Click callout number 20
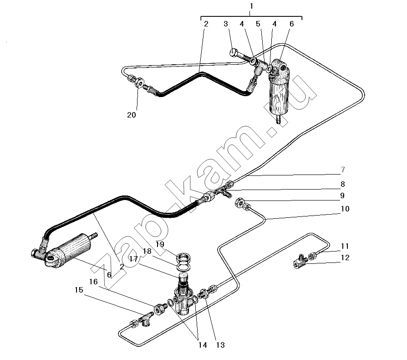(x=131, y=115)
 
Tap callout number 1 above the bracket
(x=251, y=6)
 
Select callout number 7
(x=343, y=170)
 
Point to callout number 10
(x=345, y=209)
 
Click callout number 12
(x=345, y=257)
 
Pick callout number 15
(x=79, y=290)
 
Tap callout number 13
(x=220, y=345)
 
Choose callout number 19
(x=160, y=244)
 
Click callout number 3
(x=225, y=24)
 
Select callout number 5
(x=258, y=24)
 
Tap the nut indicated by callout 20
(x=139, y=82)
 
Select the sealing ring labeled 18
(x=184, y=267)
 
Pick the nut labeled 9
(x=239, y=202)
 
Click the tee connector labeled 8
(x=223, y=192)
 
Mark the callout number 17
(x=134, y=259)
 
